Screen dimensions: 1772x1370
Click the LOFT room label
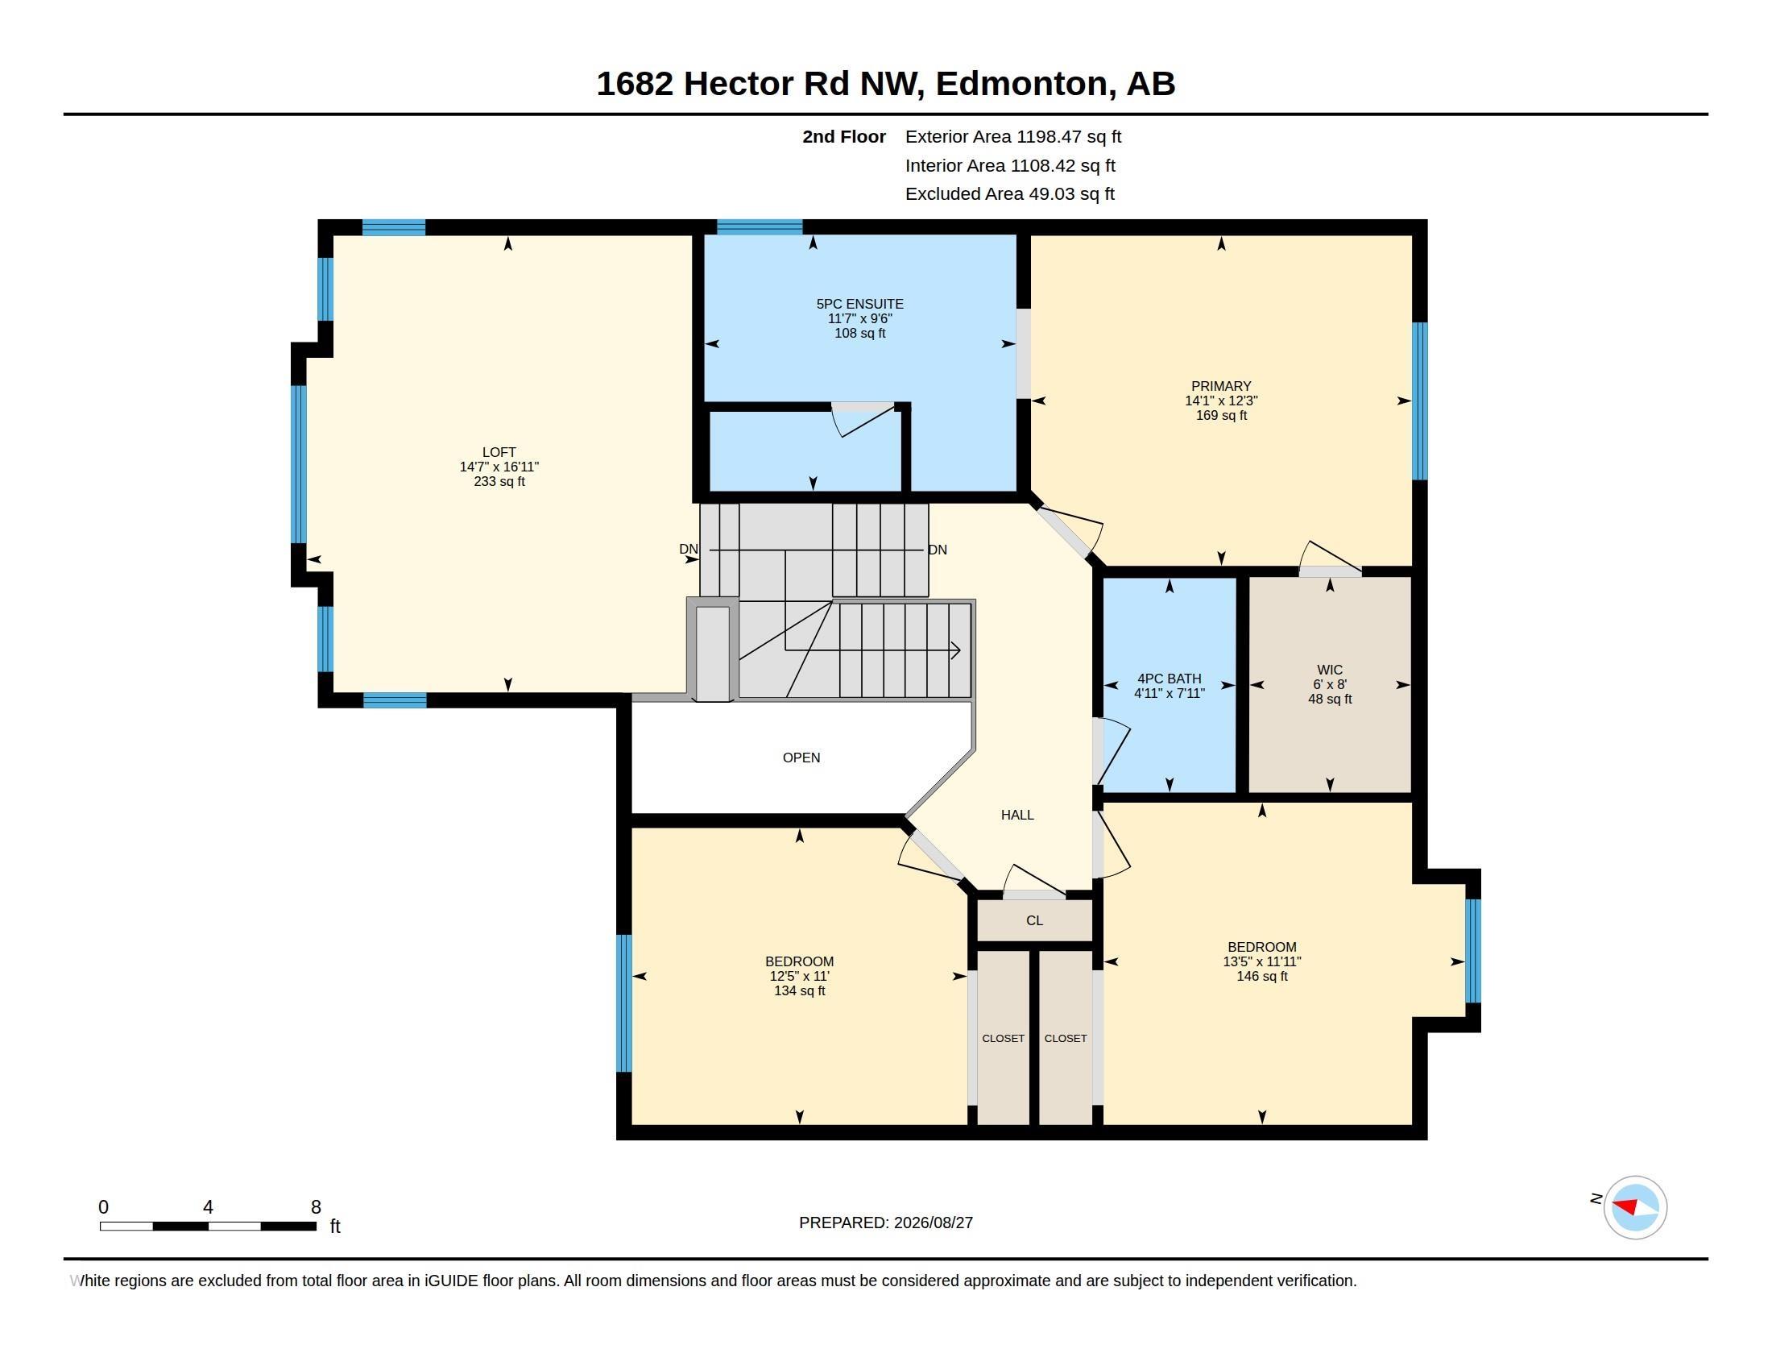click(x=499, y=452)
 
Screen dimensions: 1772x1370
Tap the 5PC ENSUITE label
click(x=859, y=304)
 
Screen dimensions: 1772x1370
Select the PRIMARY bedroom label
click(x=1221, y=386)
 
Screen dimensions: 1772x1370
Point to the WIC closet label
click(x=1329, y=670)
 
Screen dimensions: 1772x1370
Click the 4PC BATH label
click(x=1170, y=679)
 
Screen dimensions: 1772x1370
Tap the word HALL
click(x=1017, y=815)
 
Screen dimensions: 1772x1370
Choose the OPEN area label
click(x=801, y=758)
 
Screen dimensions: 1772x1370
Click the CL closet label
click(x=1034, y=920)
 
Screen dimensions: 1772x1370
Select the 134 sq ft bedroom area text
click(x=799, y=991)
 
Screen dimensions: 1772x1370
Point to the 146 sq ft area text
click(x=1261, y=977)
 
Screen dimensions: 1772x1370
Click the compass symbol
click(x=1635, y=1208)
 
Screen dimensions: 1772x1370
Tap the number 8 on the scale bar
click(x=316, y=1207)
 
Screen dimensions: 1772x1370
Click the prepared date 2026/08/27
click(x=933, y=1223)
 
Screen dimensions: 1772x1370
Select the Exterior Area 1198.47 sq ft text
click(x=1013, y=136)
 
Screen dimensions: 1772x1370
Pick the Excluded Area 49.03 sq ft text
click(x=1010, y=193)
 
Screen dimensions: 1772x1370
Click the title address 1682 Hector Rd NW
click(x=760, y=83)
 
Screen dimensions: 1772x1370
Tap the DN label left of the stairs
click(x=688, y=549)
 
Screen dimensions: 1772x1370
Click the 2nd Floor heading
click(x=844, y=136)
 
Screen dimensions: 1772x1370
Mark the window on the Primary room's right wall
click(x=1420, y=401)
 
